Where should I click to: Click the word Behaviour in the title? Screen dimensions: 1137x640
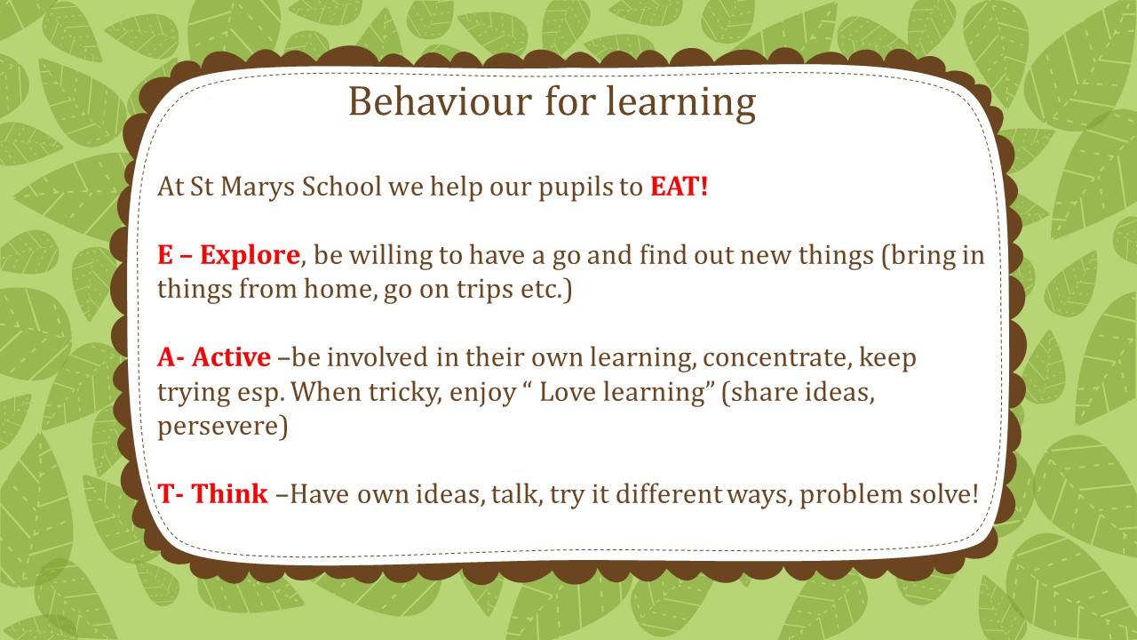click(x=440, y=101)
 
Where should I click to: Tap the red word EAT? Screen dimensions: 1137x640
click(x=680, y=186)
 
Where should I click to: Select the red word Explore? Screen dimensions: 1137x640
click(x=250, y=255)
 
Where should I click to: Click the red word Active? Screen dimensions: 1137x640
click(x=231, y=357)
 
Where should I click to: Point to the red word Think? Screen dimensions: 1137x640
click(x=230, y=493)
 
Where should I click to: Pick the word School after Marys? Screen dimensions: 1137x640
click(x=341, y=186)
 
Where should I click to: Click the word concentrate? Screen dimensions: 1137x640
click(x=775, y=358)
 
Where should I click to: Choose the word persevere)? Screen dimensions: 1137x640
click(x=222, y=427)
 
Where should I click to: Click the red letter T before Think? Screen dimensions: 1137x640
click(x=166, y=493)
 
